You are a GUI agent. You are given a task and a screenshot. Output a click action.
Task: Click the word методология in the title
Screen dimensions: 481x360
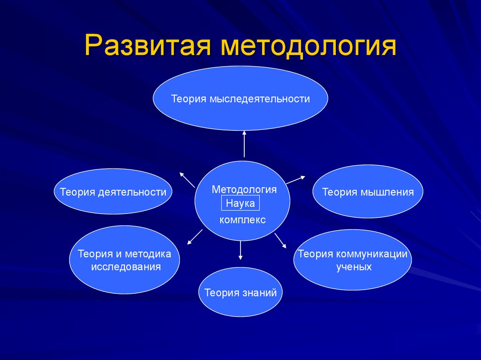(308, 46)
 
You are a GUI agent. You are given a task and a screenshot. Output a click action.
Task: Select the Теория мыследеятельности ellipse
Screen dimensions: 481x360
(240, 99)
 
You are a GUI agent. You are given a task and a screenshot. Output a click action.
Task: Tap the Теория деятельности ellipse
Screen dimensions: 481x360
(113, 191)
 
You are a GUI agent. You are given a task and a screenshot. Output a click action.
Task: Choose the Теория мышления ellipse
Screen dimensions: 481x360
(368, 191)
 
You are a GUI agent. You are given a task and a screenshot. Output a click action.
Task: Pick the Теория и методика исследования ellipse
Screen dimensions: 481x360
(124, 260)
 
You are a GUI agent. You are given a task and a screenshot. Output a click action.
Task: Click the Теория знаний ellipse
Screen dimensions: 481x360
(240, 292)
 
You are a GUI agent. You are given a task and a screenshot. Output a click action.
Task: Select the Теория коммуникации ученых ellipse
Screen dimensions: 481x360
(353, 260)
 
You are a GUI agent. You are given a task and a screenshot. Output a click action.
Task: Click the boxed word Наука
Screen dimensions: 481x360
(240, 203)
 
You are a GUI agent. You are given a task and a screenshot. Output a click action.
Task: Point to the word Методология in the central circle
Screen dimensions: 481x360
(244, 190)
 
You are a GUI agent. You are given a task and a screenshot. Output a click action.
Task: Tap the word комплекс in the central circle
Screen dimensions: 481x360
(242, 220)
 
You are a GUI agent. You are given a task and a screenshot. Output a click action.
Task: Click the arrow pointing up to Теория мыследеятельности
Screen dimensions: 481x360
(244, 144)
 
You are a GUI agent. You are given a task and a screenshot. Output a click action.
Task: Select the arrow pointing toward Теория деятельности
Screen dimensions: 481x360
(187, 180)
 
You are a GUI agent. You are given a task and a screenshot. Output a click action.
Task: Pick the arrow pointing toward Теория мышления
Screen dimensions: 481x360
(296, 180)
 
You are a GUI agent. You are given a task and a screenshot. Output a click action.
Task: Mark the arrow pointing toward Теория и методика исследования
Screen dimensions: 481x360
(195, 237)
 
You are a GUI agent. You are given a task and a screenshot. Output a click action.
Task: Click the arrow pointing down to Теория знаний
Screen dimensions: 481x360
(240, 251)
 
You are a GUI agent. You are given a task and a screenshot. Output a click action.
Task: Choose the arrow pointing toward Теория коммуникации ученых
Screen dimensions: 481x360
(280, 241)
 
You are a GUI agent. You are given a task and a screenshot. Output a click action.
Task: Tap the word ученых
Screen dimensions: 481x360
(354, 267)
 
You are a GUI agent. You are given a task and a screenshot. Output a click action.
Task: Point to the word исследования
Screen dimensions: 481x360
(126, 267)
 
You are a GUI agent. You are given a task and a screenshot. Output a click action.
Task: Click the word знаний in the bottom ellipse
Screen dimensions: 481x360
(259, 292)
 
